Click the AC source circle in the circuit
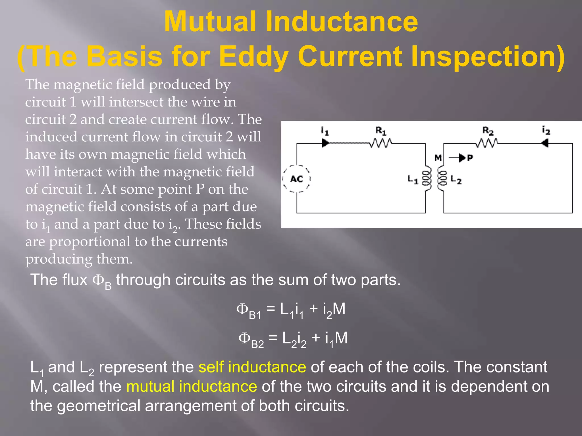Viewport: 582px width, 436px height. point(297,179)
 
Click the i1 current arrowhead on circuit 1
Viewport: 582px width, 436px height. point(325,143)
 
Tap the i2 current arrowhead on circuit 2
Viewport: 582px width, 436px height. point(545,143)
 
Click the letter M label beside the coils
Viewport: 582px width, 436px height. point(438,158)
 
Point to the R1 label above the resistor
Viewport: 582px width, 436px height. point(381,131)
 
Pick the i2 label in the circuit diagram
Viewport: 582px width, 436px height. point(546,130)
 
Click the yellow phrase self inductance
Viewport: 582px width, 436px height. point(252,367)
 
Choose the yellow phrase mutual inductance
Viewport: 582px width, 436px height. point(192,387)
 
